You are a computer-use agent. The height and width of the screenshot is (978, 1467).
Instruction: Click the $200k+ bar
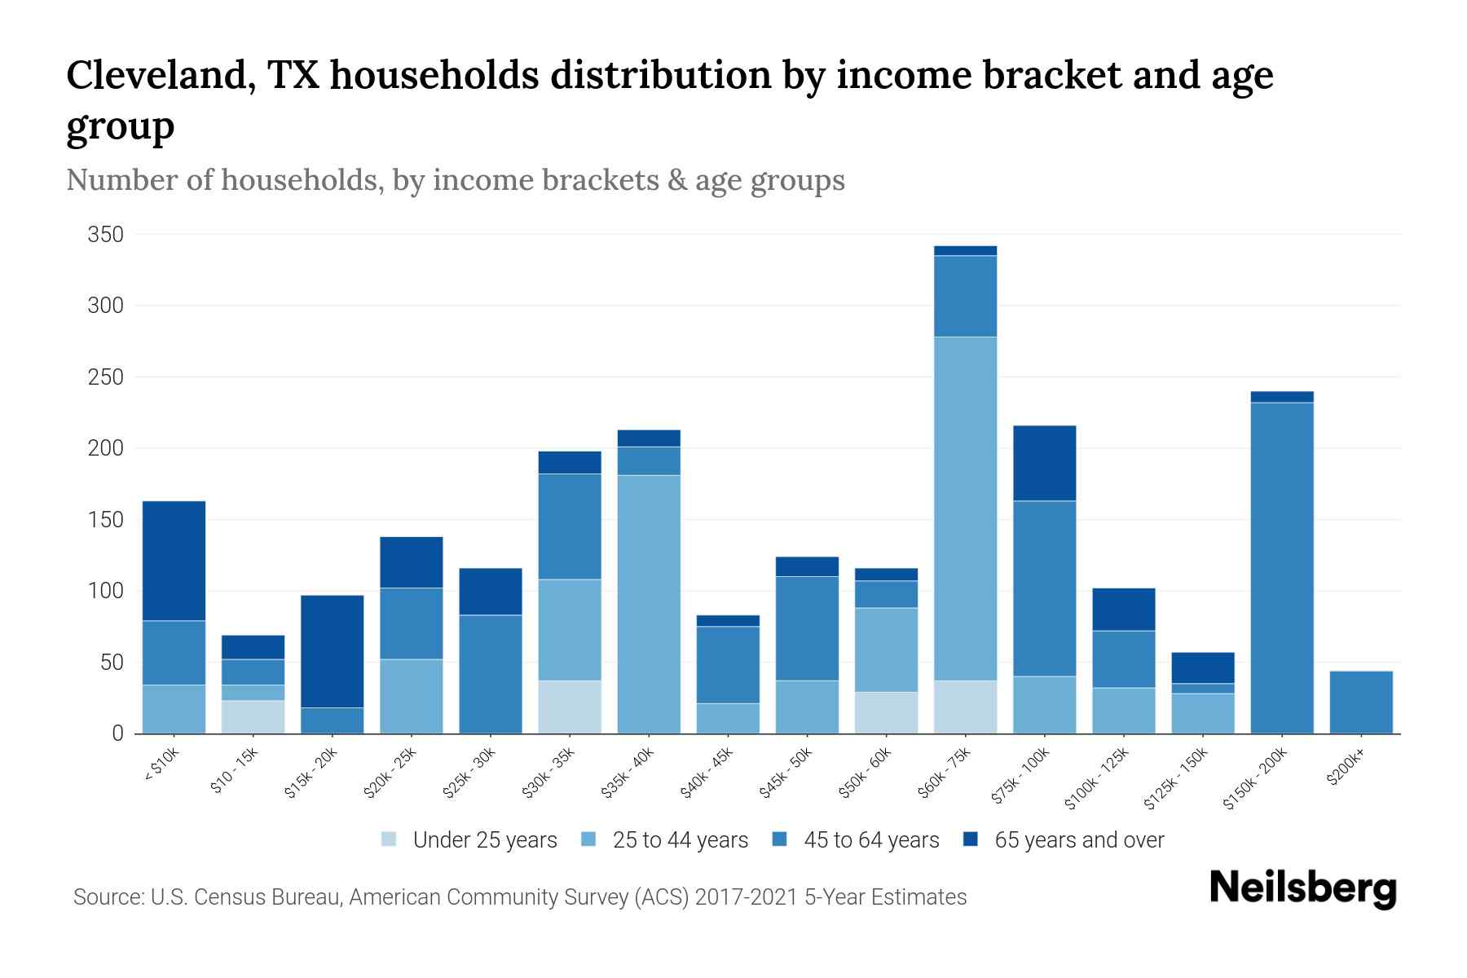point(1360,703)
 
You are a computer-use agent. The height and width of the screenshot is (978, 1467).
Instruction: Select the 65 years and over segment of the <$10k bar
point(174,561)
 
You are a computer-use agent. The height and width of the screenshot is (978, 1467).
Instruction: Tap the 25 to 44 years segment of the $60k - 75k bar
point(965,508)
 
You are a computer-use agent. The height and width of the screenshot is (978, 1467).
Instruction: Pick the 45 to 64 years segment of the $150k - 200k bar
point(1281,568)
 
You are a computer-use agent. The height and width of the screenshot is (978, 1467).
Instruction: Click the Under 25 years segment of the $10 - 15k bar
point(253,717)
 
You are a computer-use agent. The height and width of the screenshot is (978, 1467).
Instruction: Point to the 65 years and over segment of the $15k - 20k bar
point(332,651)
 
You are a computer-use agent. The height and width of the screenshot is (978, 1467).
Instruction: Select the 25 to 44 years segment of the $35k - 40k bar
point(649,604)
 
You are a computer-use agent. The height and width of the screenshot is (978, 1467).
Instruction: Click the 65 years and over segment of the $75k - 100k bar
point(1044,463)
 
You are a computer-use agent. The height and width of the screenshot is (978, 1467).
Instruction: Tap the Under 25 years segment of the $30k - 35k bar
point(570,707)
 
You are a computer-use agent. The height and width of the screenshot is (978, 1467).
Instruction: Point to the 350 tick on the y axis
point(106,235)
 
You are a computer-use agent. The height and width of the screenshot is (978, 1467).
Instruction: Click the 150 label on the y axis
point(106,520)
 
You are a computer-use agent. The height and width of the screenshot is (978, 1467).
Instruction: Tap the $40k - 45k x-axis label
point(707,773)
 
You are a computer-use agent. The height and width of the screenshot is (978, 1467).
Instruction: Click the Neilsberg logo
point(1302,888)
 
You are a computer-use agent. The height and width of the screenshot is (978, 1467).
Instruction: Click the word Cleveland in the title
point(155,76)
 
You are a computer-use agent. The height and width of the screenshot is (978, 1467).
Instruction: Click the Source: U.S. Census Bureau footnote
point(519,897)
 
